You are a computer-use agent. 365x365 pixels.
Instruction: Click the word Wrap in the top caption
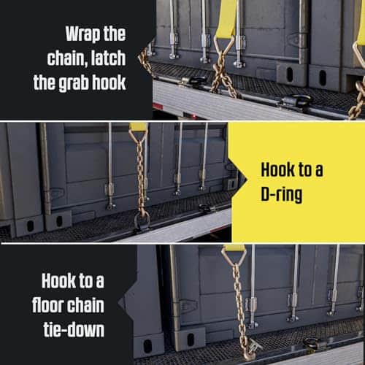coord(82,34)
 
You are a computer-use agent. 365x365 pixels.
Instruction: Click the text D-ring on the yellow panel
coord(282,194)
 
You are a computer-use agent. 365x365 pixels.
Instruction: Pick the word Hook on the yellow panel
coord(277,169)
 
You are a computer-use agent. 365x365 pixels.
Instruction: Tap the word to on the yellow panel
coord(304,170)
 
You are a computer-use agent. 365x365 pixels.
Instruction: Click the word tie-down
coord(74,330)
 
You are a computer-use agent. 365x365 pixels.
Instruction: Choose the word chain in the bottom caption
coord(82,305)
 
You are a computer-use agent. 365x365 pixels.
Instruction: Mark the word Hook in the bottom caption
coord(58,280)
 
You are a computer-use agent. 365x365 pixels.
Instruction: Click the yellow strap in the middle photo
coord(138,126)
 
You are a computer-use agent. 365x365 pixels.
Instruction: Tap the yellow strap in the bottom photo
coord(235,248)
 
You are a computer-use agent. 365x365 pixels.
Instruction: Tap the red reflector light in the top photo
coord(158,106)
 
